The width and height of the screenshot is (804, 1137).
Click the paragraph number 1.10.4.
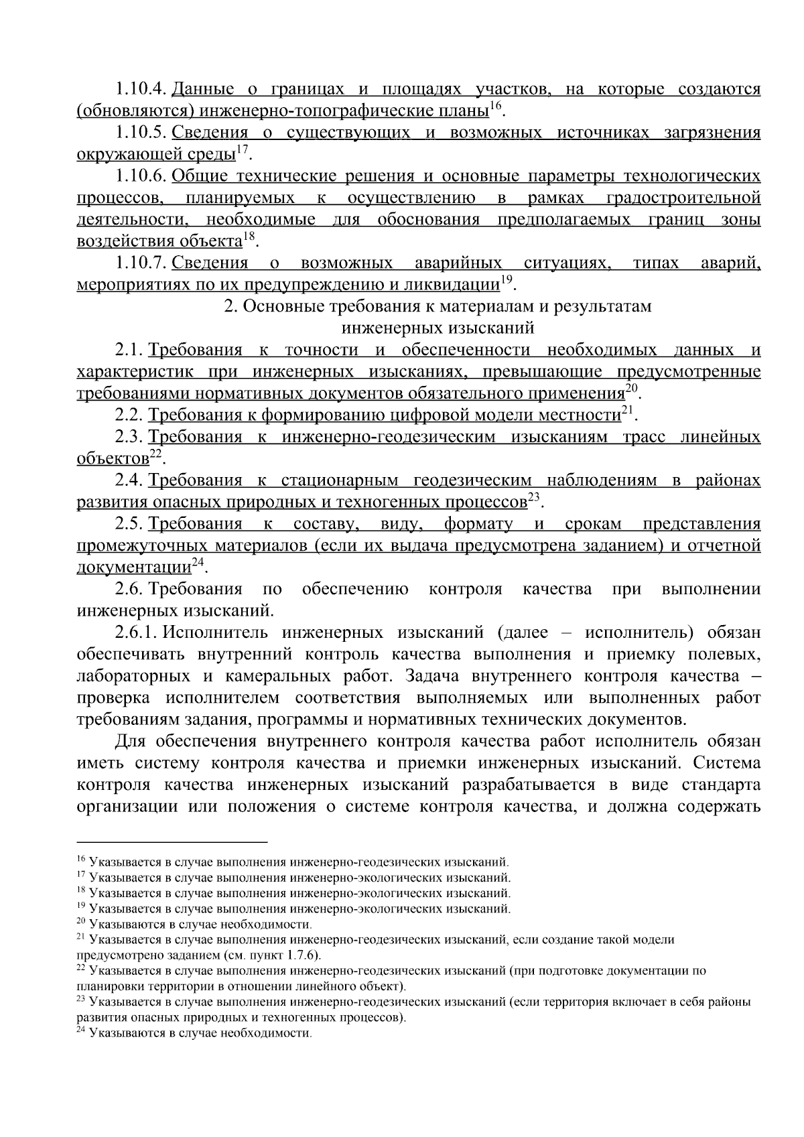click(x=141, y=89)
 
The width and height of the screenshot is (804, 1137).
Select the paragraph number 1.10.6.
click(x=141, y=176)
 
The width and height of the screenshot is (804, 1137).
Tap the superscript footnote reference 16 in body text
click(x=495, y=105)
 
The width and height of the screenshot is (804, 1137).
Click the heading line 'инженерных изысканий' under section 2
click(x=438, y=328)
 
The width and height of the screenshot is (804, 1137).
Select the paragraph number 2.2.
click(x=129, y=415)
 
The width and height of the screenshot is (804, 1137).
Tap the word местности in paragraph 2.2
click(x=578, y=415)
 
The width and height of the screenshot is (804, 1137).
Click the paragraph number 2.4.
click(x=129, y=480)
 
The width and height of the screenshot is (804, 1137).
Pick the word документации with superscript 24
click(x=134, y=568)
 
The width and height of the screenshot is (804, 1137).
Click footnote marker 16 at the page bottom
click(x=81, y=860)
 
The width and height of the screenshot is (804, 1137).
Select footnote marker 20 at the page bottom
click(x=81, y=923)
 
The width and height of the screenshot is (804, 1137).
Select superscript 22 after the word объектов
click(x=155, y=454)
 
